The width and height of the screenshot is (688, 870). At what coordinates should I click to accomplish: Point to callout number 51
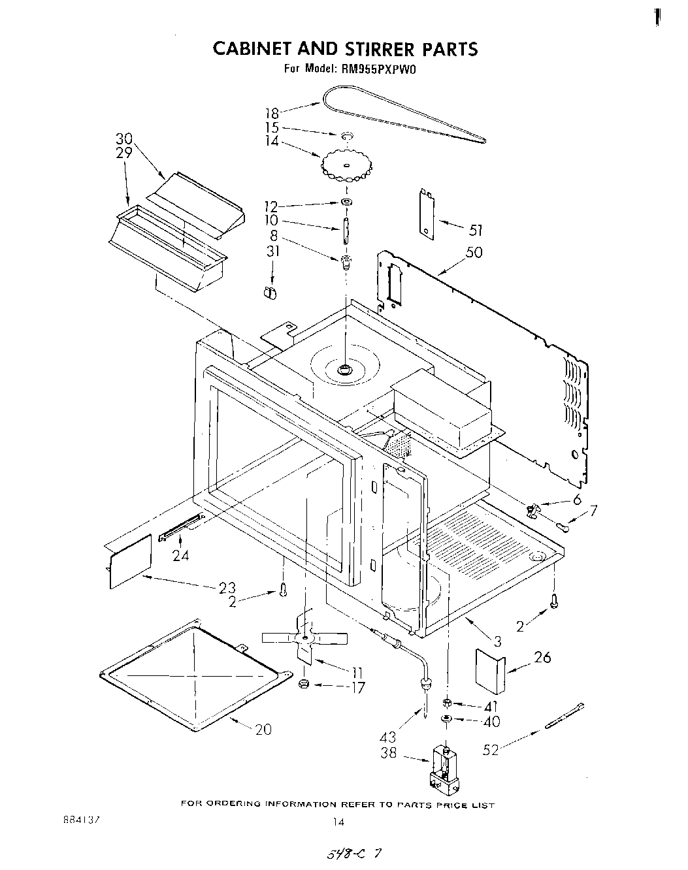click(476, 230)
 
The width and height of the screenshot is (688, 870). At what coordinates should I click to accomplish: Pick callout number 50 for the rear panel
click(474, 252)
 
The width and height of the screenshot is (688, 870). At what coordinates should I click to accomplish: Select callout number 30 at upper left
click(124, 139)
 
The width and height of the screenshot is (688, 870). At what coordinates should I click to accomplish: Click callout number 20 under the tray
click(263, 730)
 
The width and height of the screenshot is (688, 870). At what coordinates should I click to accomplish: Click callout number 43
click(388, 737)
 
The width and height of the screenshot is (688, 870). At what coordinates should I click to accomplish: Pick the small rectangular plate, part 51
click(426, 214)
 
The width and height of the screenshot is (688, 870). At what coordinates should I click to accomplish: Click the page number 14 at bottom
click(338, 823)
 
